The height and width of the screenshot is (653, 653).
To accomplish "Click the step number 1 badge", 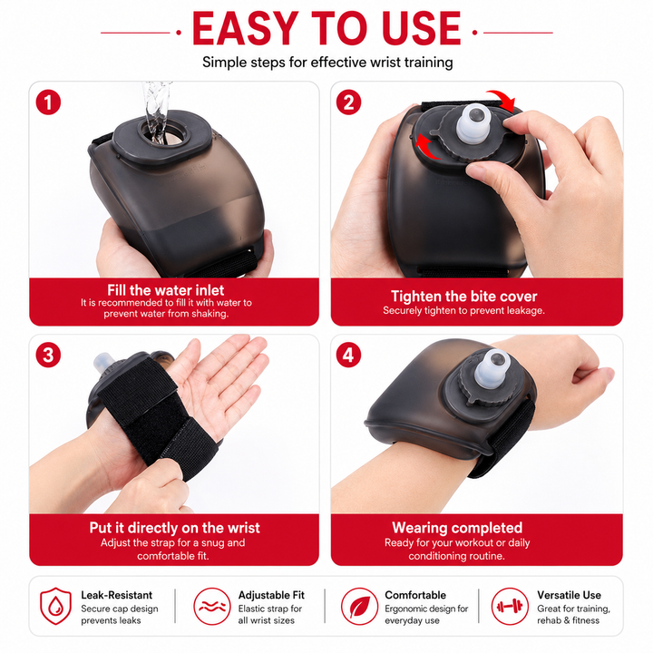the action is pos(48,102).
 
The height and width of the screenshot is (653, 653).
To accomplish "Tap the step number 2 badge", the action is pos(348,102).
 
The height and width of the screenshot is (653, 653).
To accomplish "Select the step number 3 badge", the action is pos(48,356).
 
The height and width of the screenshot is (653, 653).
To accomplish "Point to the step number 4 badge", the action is pos(348,356).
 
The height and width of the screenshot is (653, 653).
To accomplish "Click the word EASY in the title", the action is pos(245,28).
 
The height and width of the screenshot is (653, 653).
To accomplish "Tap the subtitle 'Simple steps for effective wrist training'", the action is pos(327,63).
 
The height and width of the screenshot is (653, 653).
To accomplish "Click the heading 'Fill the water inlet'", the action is pos(166,290).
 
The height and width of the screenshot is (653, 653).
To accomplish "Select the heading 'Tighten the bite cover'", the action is pos(464,296).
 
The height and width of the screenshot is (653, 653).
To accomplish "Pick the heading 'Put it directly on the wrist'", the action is pos(174,528).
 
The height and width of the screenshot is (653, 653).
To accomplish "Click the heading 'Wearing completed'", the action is pos(457,528).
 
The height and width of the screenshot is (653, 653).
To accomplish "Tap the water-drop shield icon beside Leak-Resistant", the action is pos(55,606).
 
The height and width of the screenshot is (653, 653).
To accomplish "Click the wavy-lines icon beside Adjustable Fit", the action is pos(212,607).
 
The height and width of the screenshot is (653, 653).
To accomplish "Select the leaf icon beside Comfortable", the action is pos(360,607).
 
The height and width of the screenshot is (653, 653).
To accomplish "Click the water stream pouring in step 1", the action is pos(156,112).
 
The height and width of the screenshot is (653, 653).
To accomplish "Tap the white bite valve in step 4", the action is pos(492,368).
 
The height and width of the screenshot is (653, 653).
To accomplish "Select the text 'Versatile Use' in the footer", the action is pos(569,595).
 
